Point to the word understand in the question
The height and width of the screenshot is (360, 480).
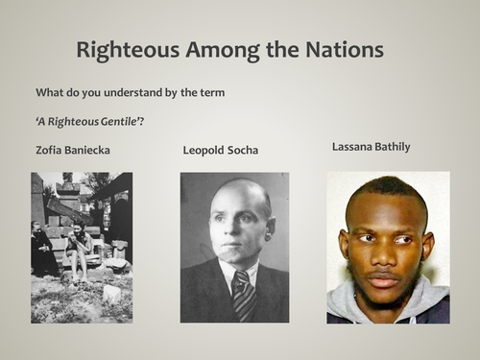(x=135, y=92)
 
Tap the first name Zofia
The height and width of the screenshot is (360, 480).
(x=50, y=150)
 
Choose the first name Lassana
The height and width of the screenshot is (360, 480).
(x=353, y=148)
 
